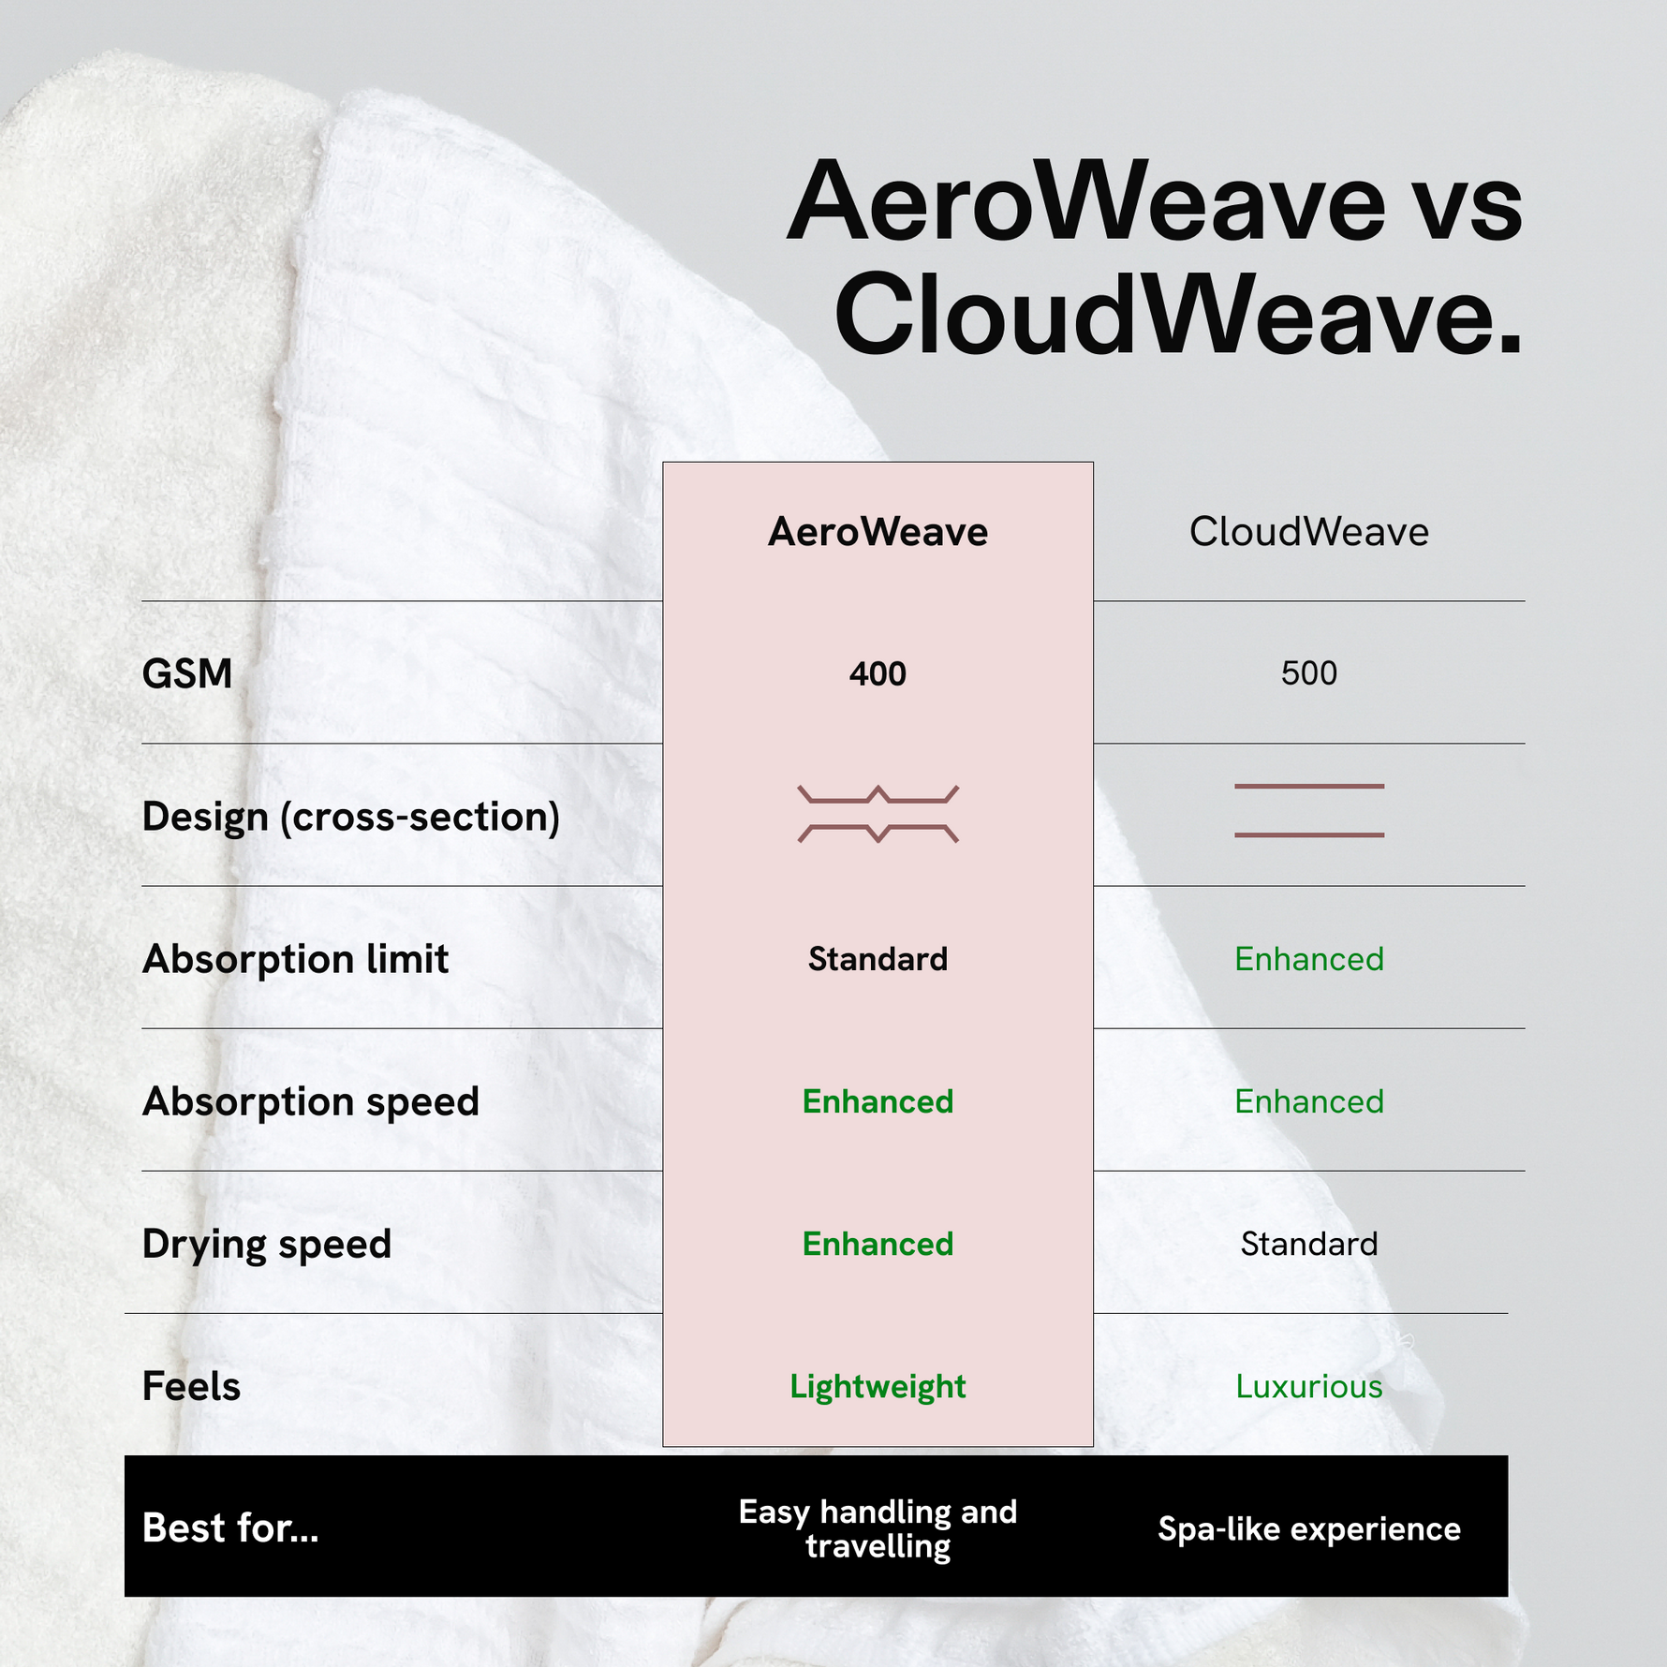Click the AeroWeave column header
pyautogui.click(x=878, y=532)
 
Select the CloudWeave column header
pyautogui.click(x=1309, y=532)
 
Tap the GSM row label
pyautogui.click(x=187, y=673)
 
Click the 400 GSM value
pyautogui.click(x=878, y=673)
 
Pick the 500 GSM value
pyautogui.click(x=1309, y=673)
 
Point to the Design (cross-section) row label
pyautogui.click(x=351, y=817)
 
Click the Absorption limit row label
pyautogui.click(x=295, y=959)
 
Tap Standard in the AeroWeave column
pyautogui.click(x=878, y=959)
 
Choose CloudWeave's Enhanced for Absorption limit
pyautogui.click(x=1309, y=959)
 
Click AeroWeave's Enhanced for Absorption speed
pyautogui.click(x=878, y=1101)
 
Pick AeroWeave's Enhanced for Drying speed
pyautogui.click(x=878, y=1244)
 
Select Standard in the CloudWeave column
pyautogui.click(x=1309, y=1244)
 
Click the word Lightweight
pyautogui.click(x=878, y=1387)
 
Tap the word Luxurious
pyautogui.click(x=1309, y=1386)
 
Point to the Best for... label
pyautogui.click(x=230, y=1528)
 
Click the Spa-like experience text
pyautogui.click(x=1309, y=1529)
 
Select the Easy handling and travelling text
pyautogui.click(x=878, y=1529)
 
